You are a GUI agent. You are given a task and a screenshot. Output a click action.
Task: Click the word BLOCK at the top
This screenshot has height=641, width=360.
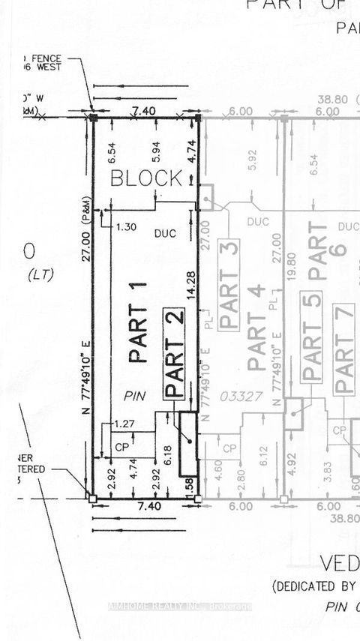[x=146, y=178]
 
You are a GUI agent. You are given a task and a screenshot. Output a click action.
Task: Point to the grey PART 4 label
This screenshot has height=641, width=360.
[x=256, y=328]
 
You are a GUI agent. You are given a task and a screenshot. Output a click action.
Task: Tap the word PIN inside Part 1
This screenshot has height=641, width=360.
[x=136, y=396]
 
